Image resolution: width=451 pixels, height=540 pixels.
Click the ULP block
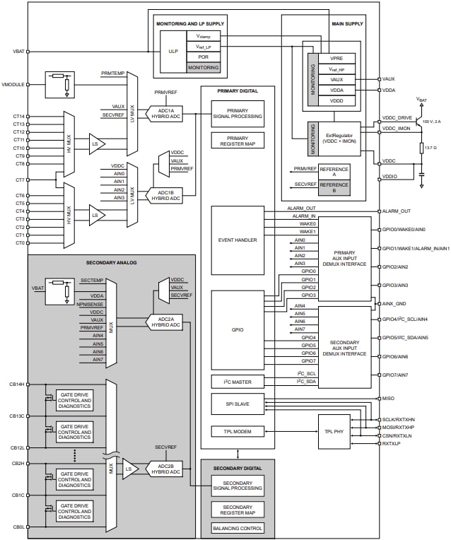click(x=172, y=51)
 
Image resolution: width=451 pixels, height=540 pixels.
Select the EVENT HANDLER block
click(x=238, y=240)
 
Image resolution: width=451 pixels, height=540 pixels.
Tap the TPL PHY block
click(x=334, y=430)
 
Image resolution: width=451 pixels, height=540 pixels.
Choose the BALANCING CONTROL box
click(x=238, y=528)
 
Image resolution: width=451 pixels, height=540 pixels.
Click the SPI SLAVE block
click(x=238, y=404)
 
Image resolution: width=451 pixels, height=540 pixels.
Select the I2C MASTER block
click(x=238, y=382)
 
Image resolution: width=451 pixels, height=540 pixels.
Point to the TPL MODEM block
click(x=238, y=431)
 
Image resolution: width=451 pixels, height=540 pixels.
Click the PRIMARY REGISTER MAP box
click(x=238, y=140)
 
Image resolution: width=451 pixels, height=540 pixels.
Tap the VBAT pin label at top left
click(x=19, y=52)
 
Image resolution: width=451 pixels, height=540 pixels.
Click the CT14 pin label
click(x=18, y=116)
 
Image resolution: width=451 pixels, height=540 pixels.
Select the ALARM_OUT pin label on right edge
click(x=397, y=211)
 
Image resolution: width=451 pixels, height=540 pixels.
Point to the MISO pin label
click(x=389, y=399)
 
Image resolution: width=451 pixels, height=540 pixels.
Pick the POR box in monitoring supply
click(x=203, y=57)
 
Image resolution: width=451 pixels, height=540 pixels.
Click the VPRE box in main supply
click(x=336, y=58)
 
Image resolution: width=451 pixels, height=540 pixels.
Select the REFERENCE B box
click(x=334, y=187)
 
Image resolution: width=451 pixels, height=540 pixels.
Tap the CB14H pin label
click(x=18, y=385)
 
